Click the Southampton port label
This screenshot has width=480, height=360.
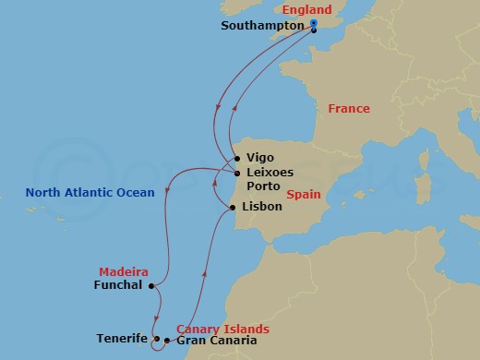pos(263,26)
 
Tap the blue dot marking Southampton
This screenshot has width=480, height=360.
pos(314,23)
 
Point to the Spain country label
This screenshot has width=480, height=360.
pos(303,196)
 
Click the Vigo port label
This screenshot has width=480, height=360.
pos(261,158)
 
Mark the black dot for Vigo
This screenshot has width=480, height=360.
pos(237,158)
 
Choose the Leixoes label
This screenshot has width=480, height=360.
pos(270,173)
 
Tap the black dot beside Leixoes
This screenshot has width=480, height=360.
pos(237,173)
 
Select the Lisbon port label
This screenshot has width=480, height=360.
pos(261,208)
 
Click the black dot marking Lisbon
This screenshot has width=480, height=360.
pos(232,208)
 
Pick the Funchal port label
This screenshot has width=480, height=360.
pos(118,285)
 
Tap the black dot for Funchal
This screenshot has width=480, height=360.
pos(150,285)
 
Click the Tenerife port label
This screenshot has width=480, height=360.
pos(121,339)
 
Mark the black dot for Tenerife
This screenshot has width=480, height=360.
pos(156,339)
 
